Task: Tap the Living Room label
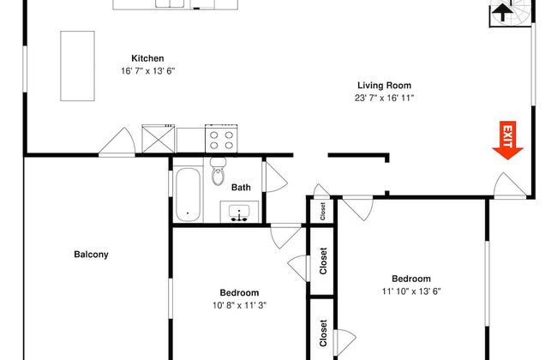click(x=385, y=86)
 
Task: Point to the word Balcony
click(x=91, y=255)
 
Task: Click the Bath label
click(x=241, y=187)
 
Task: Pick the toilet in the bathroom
click(x=218, y=173)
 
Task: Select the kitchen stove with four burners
click(x=220, y=138)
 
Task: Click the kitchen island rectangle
click(x=76, y=65)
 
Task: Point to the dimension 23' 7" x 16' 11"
click(x=385, y=98)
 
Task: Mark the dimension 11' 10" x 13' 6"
click(x=411, y=291)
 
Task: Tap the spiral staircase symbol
click(x=501, y=12)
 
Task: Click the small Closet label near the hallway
click(x=324, y=211)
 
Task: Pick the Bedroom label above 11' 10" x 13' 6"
click(x=411, y=279)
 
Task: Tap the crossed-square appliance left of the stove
click(x=159, y=138)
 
